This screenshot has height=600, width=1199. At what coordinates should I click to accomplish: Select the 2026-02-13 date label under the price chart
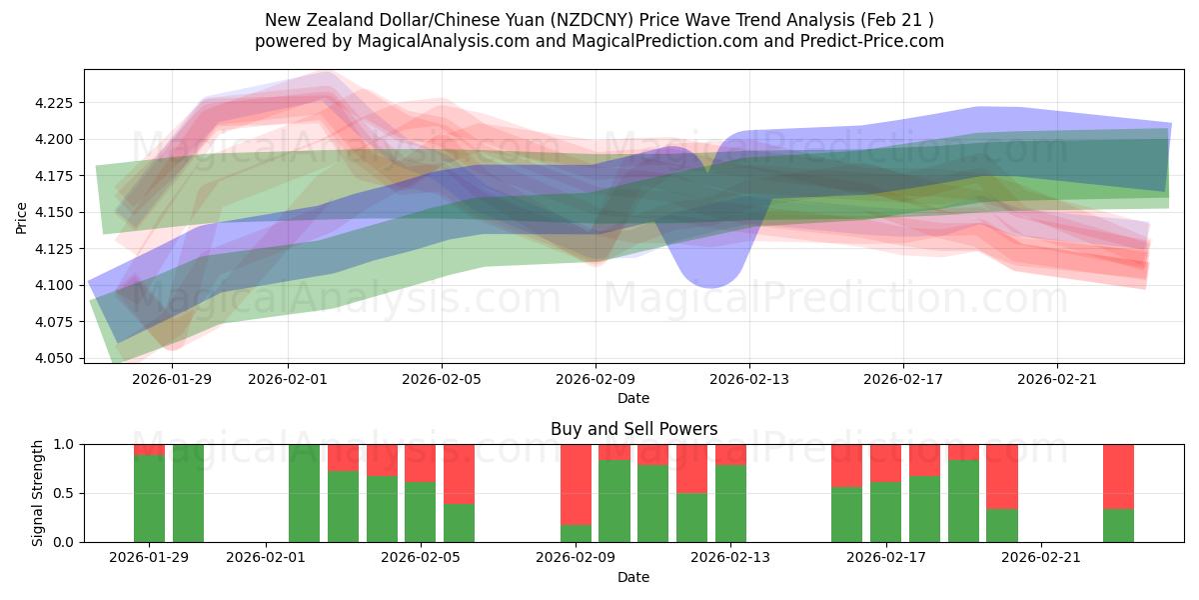click(749, 379)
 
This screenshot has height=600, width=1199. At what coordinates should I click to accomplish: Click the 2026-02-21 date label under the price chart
click(1057, 379)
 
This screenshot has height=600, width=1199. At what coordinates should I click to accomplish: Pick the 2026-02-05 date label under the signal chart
click(421, 557)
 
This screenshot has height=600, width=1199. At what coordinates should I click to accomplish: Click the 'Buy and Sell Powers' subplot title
click(633, 429)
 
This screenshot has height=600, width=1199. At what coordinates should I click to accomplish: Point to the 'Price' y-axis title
click(22, 216)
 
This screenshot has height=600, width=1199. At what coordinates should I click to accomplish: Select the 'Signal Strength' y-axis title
click(37, 493)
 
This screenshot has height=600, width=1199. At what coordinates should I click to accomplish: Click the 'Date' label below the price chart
click(633, 398)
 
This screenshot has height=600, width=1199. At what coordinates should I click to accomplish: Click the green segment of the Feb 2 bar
click(304, 493)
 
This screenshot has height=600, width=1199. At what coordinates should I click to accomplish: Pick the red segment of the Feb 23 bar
click(1118, 476)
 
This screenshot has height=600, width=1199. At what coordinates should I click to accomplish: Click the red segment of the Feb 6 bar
click(459, 473)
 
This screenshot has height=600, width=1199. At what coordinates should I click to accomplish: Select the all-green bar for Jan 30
click(188, 493)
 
